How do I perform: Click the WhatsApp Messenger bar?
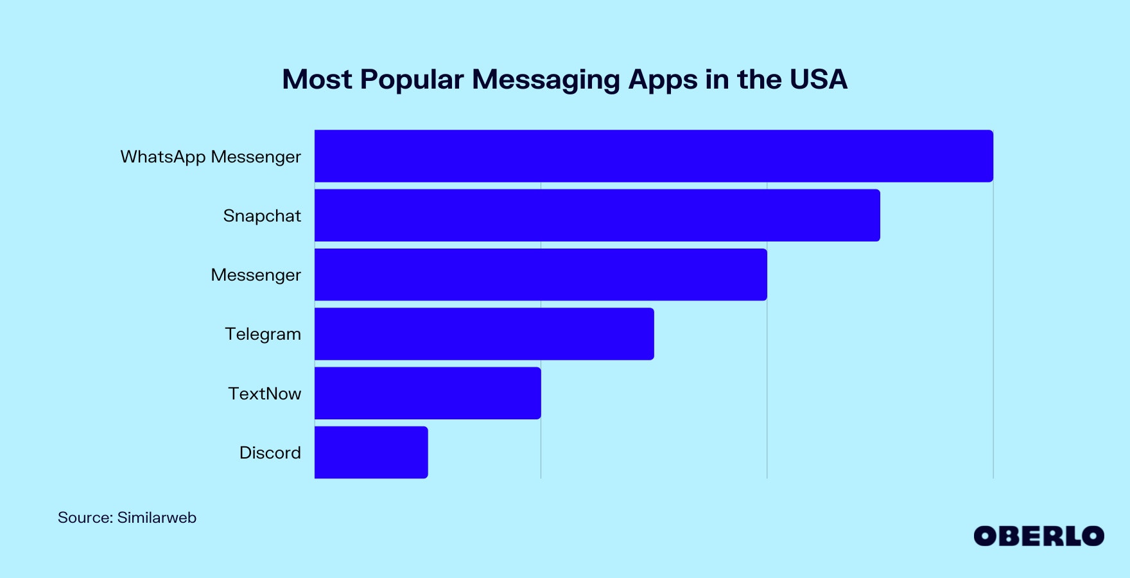point(654,156)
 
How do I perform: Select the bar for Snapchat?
point(597,215)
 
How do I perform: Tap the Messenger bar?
point(541,274)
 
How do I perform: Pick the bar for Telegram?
point(484,334)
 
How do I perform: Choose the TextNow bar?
point(428,393)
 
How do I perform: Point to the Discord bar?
point(371,452)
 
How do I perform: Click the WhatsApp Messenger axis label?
point(211,157)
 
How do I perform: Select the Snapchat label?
point(262,216)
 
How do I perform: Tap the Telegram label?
point(263,334)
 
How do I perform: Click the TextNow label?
point(265,394)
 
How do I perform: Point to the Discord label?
point(270,453)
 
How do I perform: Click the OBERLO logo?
point(1039,536)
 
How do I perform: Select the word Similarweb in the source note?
point(157,518)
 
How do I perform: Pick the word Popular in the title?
point(412,80)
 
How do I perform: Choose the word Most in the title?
point(317,80)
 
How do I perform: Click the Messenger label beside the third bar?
point(256,275)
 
